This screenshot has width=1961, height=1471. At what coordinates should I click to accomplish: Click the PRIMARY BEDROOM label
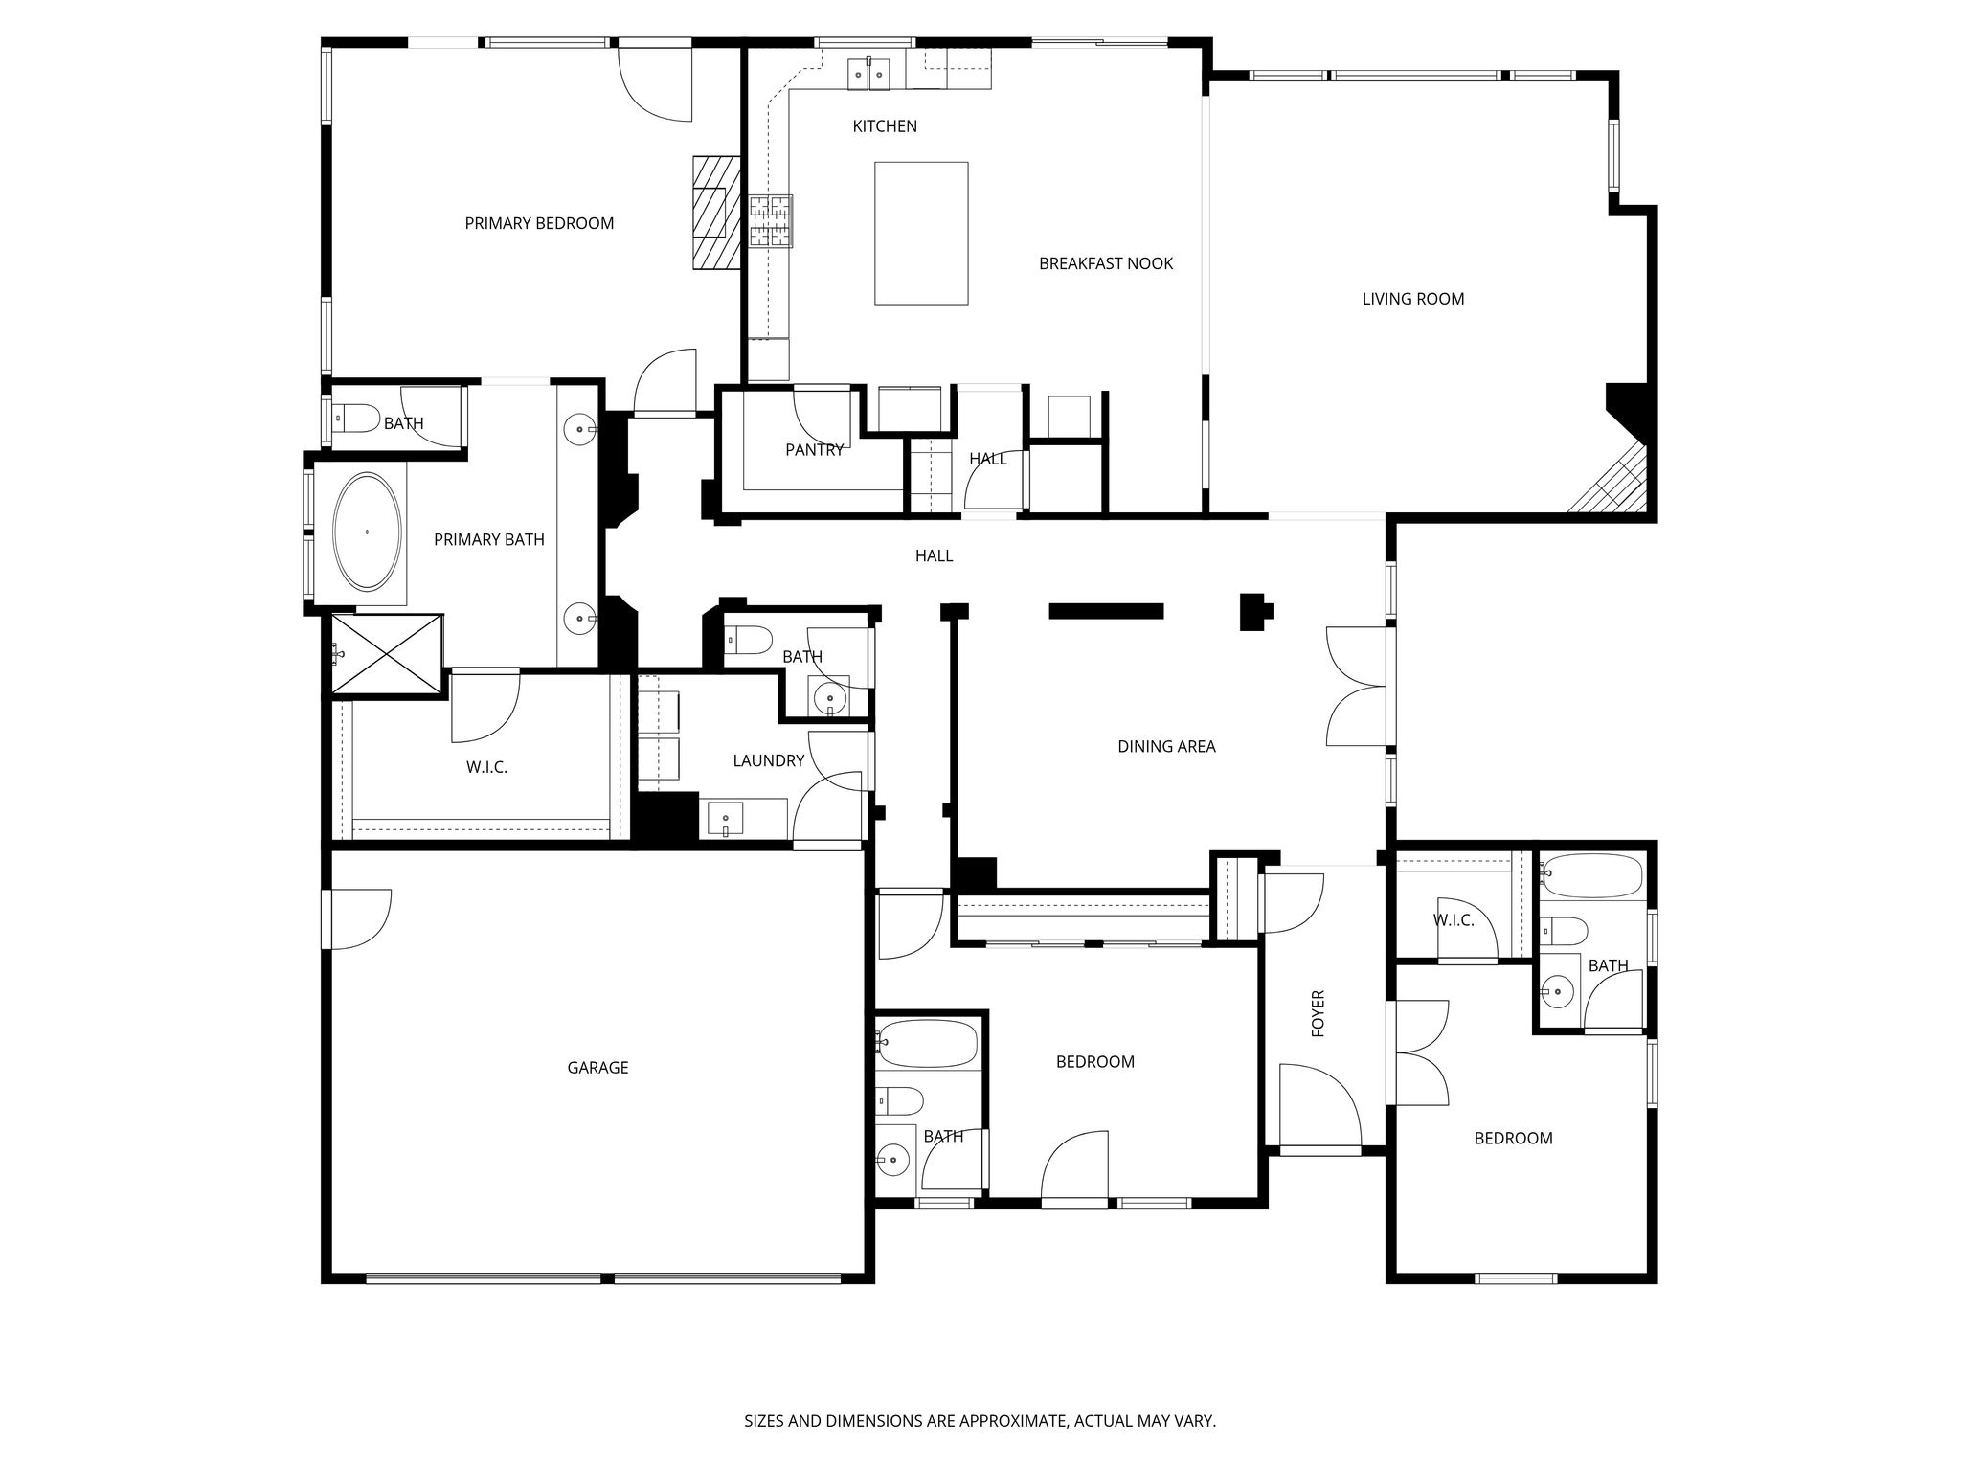539,223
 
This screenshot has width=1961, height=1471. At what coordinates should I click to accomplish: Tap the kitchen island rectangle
921,233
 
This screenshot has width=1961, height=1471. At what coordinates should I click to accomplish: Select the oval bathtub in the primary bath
367,532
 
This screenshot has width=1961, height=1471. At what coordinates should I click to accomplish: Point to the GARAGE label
597,1067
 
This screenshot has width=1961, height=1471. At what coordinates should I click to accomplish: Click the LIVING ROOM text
1413,299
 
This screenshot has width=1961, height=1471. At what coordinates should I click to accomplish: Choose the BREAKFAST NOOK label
1106,263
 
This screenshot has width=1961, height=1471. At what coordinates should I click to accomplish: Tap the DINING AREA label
1166,746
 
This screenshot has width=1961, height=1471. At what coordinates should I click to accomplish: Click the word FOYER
1318,1013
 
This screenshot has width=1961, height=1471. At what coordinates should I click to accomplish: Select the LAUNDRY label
768,760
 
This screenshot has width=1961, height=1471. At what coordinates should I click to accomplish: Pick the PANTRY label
814,449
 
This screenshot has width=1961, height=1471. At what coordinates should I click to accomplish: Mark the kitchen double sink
869,73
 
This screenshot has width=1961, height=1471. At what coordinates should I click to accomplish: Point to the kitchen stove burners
772,221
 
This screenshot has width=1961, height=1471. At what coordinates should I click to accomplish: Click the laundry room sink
725,820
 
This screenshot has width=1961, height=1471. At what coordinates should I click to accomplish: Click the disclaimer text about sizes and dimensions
980,1421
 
